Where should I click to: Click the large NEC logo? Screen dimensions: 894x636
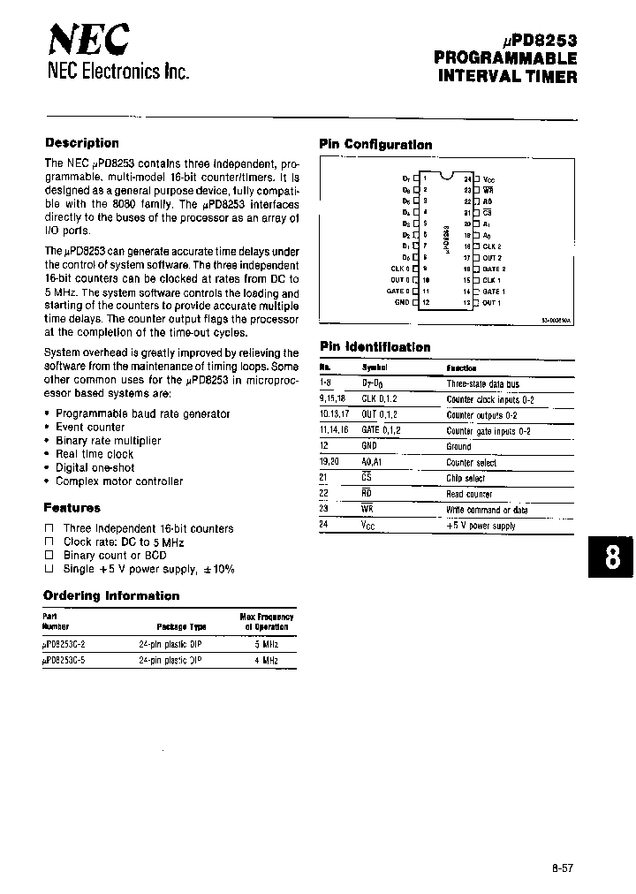coord(88,41)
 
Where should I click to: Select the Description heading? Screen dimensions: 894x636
coord(81,143)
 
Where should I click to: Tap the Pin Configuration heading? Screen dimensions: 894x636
coord(375,145)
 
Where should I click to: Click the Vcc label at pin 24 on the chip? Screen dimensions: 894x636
coord(489,178)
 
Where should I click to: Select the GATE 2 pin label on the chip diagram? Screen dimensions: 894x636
coord(494,269)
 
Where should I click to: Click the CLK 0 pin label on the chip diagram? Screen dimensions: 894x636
coord(400,269)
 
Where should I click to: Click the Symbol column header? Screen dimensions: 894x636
coord(375,367)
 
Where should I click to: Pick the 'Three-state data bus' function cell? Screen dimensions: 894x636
coord(483,383)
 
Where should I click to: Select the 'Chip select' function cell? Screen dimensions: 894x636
coord(466,479)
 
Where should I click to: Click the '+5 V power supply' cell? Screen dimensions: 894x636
coord(481,527)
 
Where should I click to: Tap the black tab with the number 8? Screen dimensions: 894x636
coord(611,558)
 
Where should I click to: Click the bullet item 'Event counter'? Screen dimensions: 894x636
coord(90,427)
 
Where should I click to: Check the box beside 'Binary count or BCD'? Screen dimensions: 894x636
coord(49,556)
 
